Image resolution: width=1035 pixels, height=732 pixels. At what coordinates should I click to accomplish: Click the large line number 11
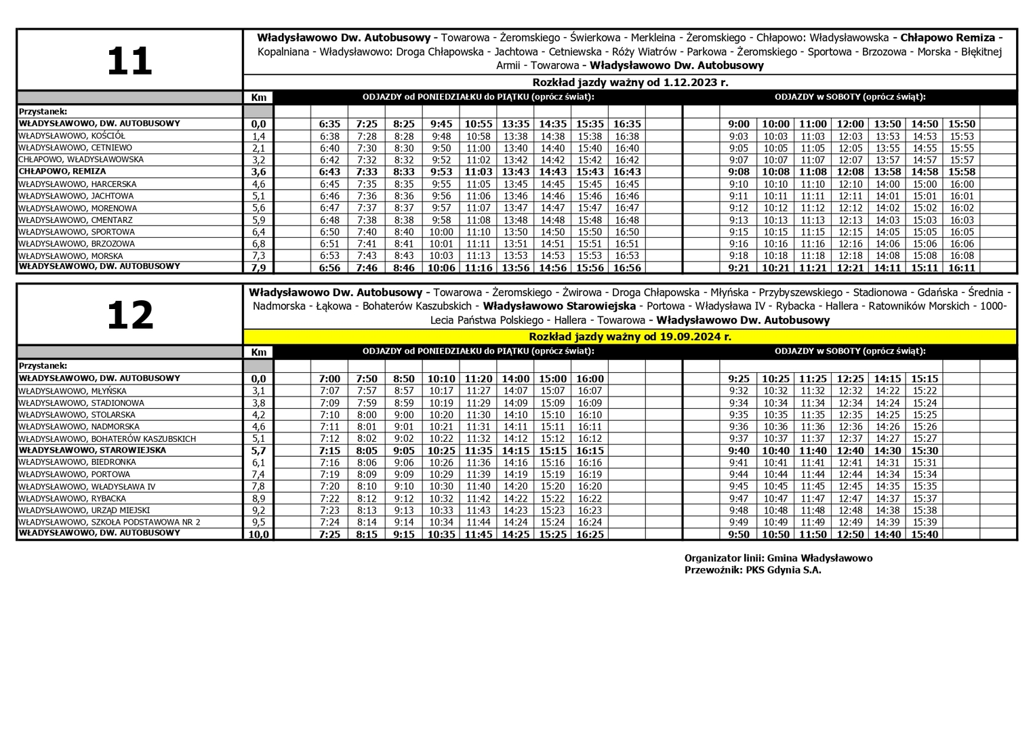coord(129,61)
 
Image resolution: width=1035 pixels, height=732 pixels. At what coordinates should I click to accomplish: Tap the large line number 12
coord(130,316)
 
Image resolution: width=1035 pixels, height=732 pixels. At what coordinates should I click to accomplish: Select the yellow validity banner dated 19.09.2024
coord(630,337)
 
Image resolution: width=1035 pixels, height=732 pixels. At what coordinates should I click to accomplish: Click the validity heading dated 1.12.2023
coord(630,83)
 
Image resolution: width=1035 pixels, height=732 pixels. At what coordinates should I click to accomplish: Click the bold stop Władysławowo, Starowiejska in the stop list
coord(92,450)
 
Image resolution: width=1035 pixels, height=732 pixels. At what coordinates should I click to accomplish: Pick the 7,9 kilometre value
coord(258,268)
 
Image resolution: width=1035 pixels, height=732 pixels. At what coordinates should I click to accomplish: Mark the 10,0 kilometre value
coord(258,535)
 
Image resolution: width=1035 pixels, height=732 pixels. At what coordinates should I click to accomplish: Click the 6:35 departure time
coord(329,124)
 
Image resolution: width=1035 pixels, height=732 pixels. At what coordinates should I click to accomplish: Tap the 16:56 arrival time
coord(626,268)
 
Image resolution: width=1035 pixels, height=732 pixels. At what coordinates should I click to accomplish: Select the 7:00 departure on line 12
coord(329,379)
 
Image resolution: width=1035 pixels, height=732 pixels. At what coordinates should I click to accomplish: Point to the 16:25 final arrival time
coord(590,535)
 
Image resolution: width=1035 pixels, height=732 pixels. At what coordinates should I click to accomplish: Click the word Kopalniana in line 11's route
coord(283,52)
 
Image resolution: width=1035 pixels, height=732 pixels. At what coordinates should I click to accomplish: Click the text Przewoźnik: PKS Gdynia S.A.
coord(752,570)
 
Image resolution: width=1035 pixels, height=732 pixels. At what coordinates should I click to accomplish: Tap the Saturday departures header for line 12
coord(850,351)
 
